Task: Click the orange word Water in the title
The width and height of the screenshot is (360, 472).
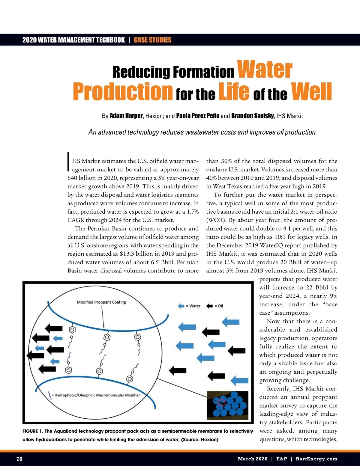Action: coord(265,70)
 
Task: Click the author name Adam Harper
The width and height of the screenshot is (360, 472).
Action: coord(126,116)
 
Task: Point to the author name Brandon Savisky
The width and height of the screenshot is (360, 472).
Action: coord(253,116)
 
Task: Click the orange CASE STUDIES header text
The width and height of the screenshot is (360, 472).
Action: coord(152,40)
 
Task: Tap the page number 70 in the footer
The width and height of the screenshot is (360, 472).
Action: coord(19,459)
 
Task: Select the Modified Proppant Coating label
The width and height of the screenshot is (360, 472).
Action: coord(101,302)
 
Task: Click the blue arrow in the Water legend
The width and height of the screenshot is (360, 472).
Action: coord(181,306)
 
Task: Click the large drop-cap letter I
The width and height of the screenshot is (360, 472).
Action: coord(69,162)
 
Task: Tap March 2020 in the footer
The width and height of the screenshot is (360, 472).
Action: coord(252,459)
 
